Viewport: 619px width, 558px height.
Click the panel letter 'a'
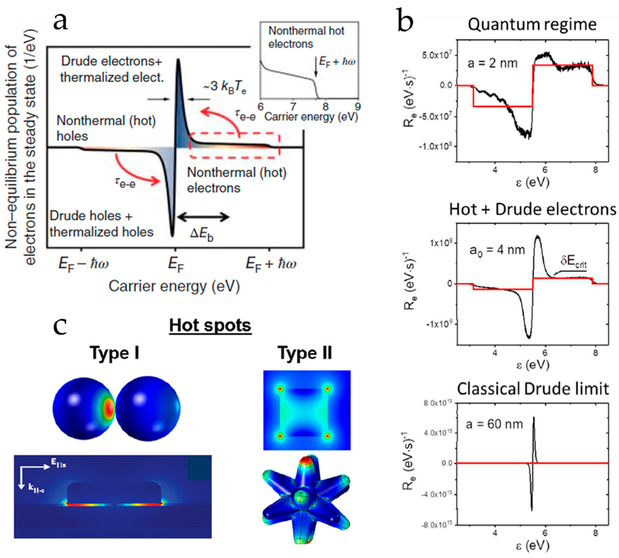point(60,22)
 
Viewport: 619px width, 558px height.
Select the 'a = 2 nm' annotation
point(492,63)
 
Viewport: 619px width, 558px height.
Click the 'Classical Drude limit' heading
point(533,389)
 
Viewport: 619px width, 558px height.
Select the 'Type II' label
point(305,353)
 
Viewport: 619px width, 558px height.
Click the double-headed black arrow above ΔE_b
point(203,217)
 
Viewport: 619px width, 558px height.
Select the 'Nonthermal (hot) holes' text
point(106,128)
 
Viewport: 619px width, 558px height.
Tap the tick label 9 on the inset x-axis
point(357,106)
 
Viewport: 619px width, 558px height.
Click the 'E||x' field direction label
point(58,465)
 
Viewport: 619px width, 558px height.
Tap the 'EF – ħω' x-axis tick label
point(83,264)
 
